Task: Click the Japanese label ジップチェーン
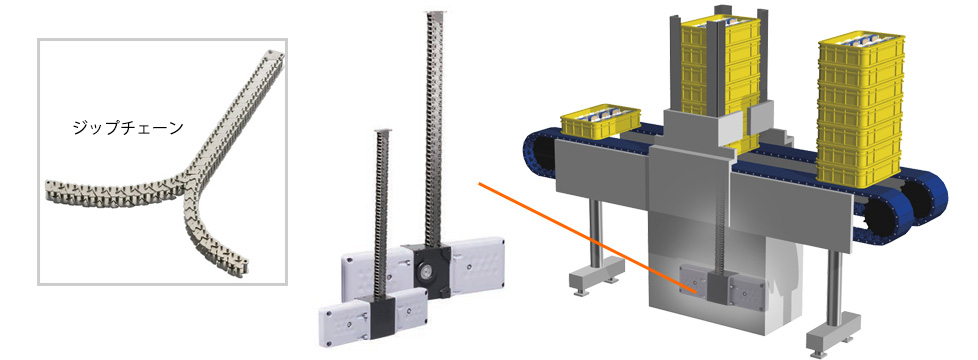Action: click(128, 129)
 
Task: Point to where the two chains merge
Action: click(186, 188)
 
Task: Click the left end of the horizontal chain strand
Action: click(50, 190)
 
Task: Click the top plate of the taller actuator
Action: click(434, 12)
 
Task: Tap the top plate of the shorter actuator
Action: click(382, 130)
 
